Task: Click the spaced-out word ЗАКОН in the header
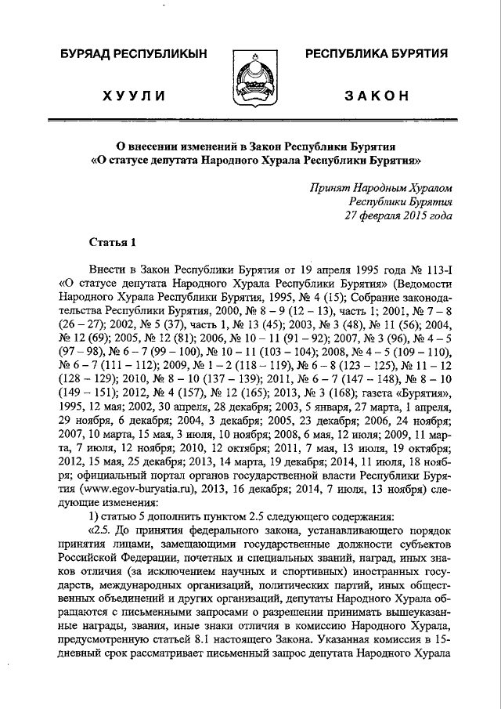click(377, 96)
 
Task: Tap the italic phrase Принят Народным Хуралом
click(380, 188)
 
